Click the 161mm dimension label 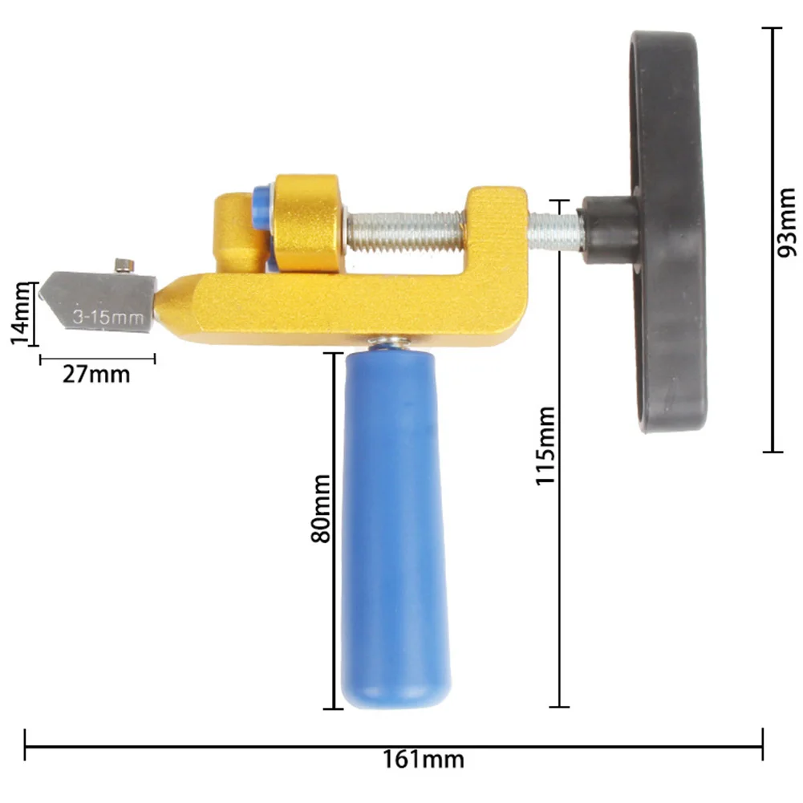point(424,759)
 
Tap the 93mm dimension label point(787,222)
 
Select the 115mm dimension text point(545,445)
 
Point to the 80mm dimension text point(321,508)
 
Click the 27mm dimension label point(96,375)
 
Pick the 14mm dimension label point(21,314)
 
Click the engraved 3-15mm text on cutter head point(107,317)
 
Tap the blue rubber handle point(395,528)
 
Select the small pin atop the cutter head point(124,266)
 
